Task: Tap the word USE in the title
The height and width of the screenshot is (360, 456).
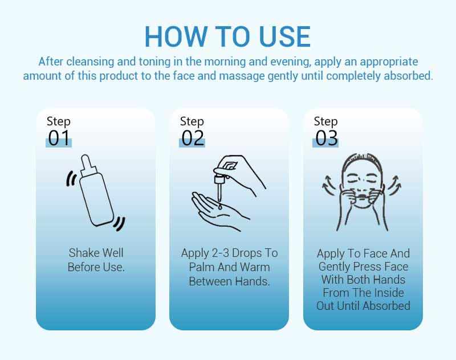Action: click(284, 36)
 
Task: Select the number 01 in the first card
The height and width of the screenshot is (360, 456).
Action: click(59, 138)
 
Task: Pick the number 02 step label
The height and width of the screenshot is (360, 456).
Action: click(193, 138)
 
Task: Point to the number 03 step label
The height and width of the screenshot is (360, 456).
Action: click(326, 138)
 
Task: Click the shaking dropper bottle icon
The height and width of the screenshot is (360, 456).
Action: click(96, 193)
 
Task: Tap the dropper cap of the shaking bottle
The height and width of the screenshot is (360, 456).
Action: click(88, 165)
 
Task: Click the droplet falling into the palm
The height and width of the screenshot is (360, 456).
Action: click(220, 207)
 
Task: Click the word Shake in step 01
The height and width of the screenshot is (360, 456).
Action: click(81, 253)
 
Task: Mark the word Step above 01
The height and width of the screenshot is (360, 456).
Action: click(59, 121)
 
